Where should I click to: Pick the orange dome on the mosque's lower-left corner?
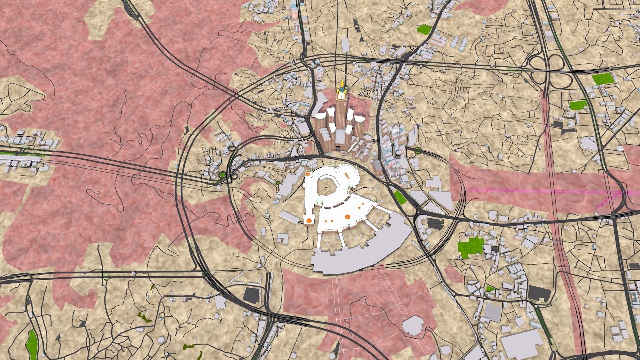(x=309, y=220)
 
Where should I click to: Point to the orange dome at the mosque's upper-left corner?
(x=309, y=174)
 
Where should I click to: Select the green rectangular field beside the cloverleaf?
(x=603, y=79)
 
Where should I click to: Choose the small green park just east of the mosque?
(x=400, y=197)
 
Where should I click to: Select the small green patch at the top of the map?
(x=424, y=29)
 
